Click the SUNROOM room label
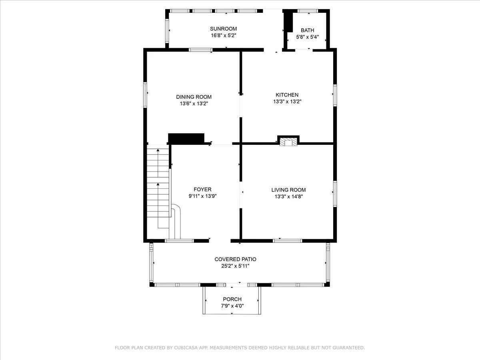(223, 29)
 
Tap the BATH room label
(307, 30)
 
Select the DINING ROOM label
(194, 97)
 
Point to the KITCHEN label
(287, 95)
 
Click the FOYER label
(202, 189)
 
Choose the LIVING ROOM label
(288, 190)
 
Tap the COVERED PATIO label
(235, 259)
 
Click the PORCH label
(232, 299)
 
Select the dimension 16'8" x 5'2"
(224, 36)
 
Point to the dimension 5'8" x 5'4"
(308, 37)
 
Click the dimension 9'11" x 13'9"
(202, 196)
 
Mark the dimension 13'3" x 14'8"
(289, 196)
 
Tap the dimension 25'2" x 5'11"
(235, 266)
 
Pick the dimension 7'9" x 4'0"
(232, 306)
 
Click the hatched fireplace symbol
(288, 142)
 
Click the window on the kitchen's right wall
(335, 95)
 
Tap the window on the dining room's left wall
(145, 95)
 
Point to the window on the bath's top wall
(308, 11)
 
